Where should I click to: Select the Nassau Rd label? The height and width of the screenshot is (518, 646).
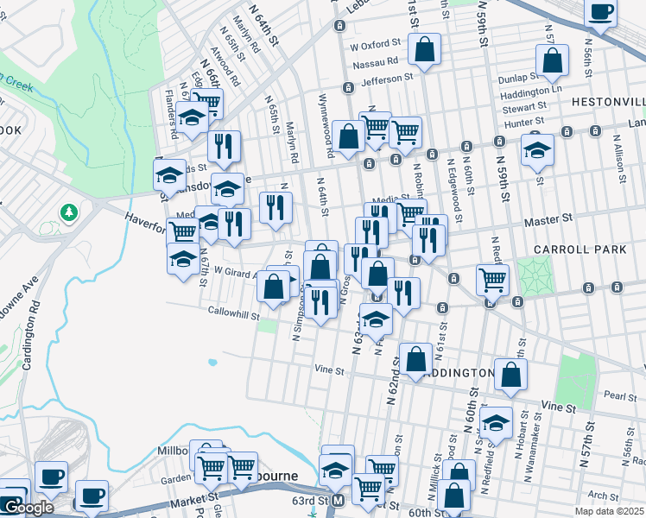[375, 61]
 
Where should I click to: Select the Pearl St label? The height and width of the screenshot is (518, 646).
[620, 395]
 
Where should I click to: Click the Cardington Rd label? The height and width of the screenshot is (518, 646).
[28, 340]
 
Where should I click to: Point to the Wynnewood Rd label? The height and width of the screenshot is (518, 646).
[326, 126]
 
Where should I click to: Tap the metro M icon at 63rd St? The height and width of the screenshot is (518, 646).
[339, 501]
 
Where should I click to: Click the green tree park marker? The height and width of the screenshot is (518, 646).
[68, 212]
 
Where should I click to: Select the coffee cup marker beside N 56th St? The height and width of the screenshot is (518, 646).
[600, 13]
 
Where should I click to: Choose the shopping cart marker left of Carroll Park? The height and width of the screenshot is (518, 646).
[492, 279]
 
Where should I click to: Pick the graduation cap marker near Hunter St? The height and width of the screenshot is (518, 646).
[537, 149]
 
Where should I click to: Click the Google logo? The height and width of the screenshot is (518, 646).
[28, 509]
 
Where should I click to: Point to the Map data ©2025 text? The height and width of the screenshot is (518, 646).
[610, 511]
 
